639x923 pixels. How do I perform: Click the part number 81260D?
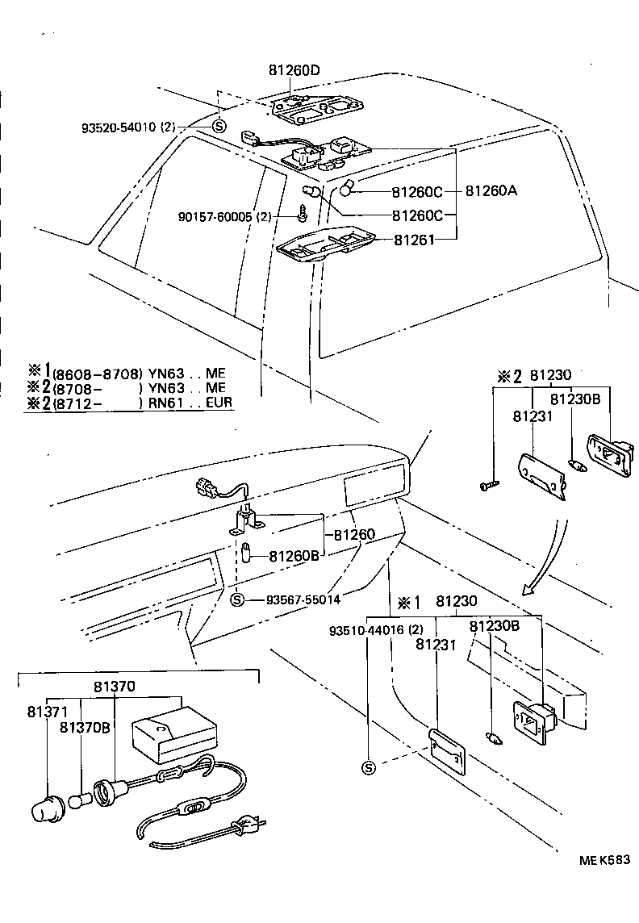coord(294,71)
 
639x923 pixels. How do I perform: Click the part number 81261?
coord(414,239)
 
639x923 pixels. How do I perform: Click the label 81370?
coord(115,687)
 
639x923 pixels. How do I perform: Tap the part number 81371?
coord(47,712)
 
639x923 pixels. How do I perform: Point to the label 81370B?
coord(85,728)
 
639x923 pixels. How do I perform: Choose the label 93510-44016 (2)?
coord(376,629)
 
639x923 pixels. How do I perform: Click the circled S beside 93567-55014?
coord(236,599)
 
